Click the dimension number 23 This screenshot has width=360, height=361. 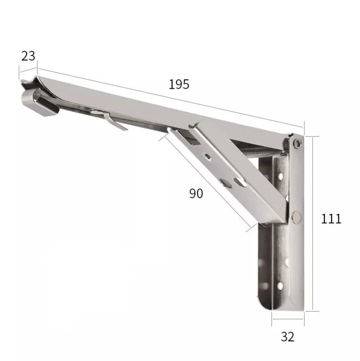28,55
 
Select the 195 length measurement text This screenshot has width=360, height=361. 179,84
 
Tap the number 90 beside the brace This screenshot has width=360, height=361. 196,193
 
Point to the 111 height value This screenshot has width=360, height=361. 331,218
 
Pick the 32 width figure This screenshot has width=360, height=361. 287,337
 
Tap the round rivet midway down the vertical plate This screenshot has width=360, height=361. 296,216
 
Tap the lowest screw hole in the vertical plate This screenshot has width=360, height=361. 280,285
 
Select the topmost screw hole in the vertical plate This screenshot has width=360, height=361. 280,177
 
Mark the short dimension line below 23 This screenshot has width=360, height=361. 27,69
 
